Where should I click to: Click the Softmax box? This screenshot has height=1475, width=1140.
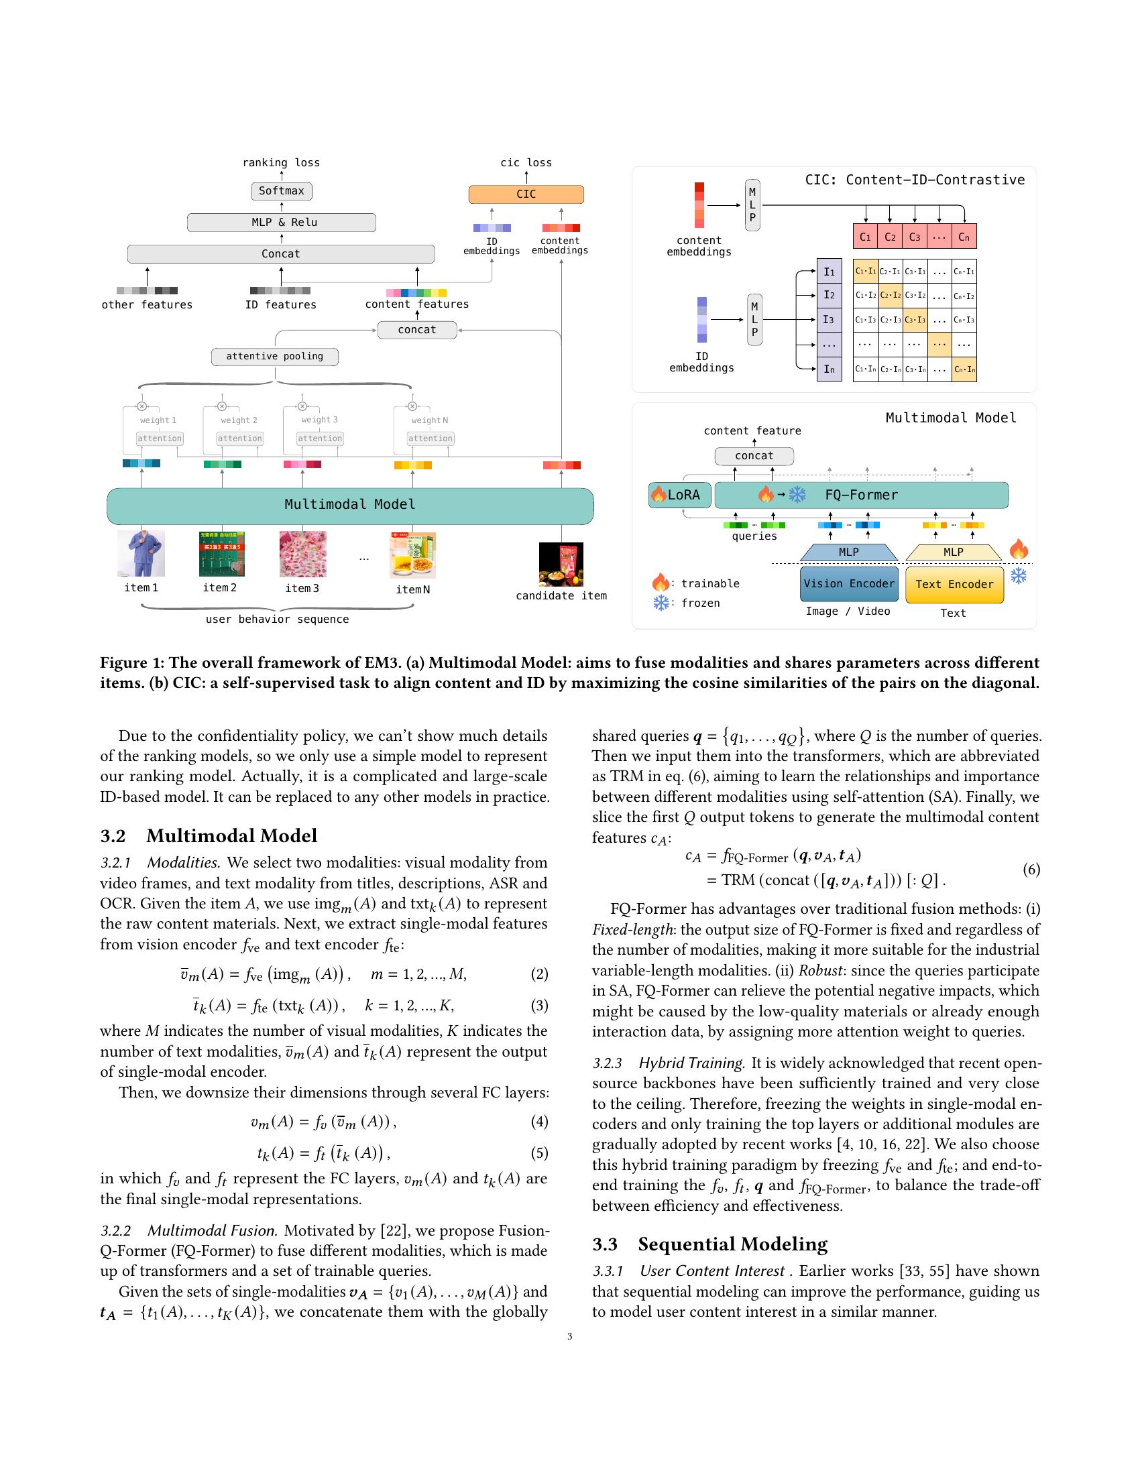click(x=281, y=191)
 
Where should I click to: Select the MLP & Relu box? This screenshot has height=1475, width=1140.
click(x=281, y=222)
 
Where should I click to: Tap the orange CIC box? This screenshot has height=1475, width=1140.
click(x=526, y=194)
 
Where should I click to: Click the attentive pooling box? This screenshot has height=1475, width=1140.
click(x=274, y=357)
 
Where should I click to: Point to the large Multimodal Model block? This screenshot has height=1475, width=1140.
click(x=350, y=505)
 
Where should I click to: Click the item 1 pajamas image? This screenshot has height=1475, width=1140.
click(x=141, y=554)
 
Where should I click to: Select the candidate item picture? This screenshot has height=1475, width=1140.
click(x=561, y=565)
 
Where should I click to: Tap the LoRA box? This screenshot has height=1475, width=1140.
click(x=679, y=495)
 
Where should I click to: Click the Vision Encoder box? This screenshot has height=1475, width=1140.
click(x=848, y=584)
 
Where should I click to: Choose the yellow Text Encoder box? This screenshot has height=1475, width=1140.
click(x=954, y=585)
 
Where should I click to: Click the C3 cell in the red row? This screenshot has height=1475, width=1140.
click(x=915, y=237)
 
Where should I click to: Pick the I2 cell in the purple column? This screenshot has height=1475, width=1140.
click(x=829, y=295)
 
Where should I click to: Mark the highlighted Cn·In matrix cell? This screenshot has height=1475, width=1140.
click(x=964, y=369)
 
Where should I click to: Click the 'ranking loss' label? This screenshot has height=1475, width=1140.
click(x=281, y=163)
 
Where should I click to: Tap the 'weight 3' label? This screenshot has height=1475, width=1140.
click(x=319, y=420)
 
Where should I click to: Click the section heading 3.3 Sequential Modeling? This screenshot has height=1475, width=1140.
click(x=709, y=1244)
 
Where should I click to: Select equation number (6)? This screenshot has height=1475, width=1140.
click(x=1031, y=869)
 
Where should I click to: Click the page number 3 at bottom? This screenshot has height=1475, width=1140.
click(x=569, y=1336)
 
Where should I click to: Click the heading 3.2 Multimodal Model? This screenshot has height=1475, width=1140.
click(x=209, y=836)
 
